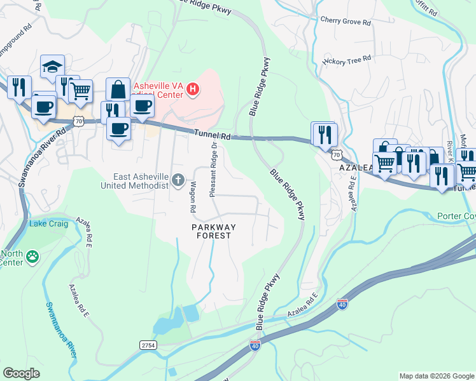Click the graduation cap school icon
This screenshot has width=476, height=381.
pos(52,67)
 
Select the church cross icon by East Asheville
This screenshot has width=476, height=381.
pos(178,181)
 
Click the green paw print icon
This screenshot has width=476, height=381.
pos(32,257)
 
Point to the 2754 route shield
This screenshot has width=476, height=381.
pos(148,344)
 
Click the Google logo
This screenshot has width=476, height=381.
pos(21,373)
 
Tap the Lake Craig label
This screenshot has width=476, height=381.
pos(47,224)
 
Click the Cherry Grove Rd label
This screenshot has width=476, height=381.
pos(345,22)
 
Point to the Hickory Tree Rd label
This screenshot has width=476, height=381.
pos(346,60)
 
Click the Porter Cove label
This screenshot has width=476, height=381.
pos(456,216)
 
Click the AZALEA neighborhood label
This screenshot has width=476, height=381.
pos(354,167)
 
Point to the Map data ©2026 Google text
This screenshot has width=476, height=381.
pos(436,376)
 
